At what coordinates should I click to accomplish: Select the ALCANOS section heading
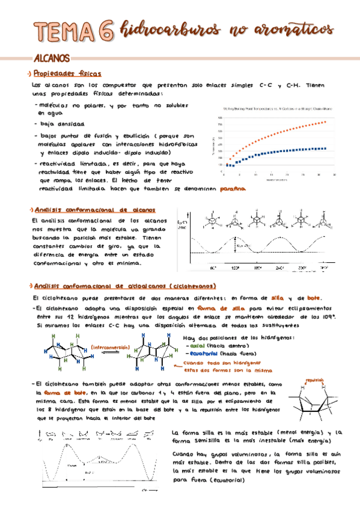[52, 59]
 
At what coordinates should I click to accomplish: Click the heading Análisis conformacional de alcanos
[94, 210]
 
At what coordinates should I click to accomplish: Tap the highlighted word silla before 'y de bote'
[278, 298]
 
